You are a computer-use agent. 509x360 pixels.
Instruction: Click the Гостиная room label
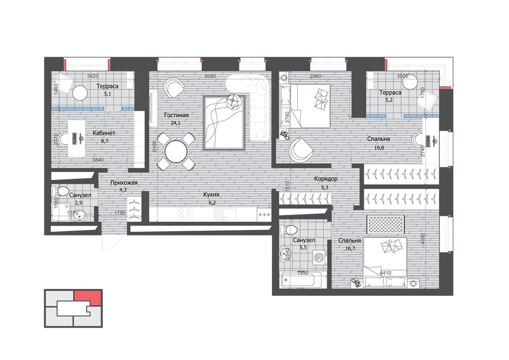pos(176,115)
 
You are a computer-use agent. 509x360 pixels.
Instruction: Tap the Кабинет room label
pos(104,133)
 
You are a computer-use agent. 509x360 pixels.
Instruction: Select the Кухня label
pos(211,195)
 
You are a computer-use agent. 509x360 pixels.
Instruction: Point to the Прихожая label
pos(124,183)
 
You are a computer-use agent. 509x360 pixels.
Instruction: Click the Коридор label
pos(326,179)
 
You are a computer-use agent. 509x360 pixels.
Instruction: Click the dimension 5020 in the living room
pos(210,76)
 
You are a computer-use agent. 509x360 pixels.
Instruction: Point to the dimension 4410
pos(385,273)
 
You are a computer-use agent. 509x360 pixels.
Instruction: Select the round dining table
pos(176,152)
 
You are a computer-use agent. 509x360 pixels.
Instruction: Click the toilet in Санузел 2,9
pos(61,191)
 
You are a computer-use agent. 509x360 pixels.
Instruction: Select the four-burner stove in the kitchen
pos(185,214)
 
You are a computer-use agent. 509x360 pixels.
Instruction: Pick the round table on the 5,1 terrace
pos(80,93)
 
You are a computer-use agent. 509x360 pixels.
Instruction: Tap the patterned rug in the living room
pos(224,123)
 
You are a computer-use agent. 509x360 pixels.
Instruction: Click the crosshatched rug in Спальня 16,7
pos(385,224)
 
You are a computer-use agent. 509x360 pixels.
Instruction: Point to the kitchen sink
pos(225,214)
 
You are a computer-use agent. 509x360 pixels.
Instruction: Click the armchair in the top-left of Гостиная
pos(174,87)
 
